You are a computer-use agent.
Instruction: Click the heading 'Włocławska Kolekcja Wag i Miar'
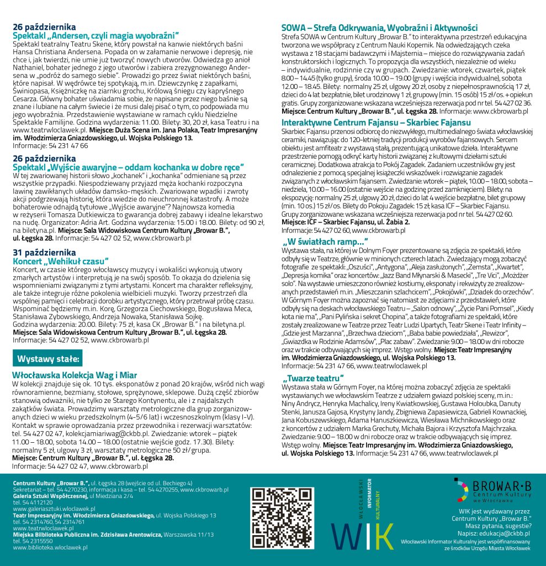75,375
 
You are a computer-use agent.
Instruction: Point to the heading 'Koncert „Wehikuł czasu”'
61,260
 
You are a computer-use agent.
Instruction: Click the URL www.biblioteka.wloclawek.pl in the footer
50,547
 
